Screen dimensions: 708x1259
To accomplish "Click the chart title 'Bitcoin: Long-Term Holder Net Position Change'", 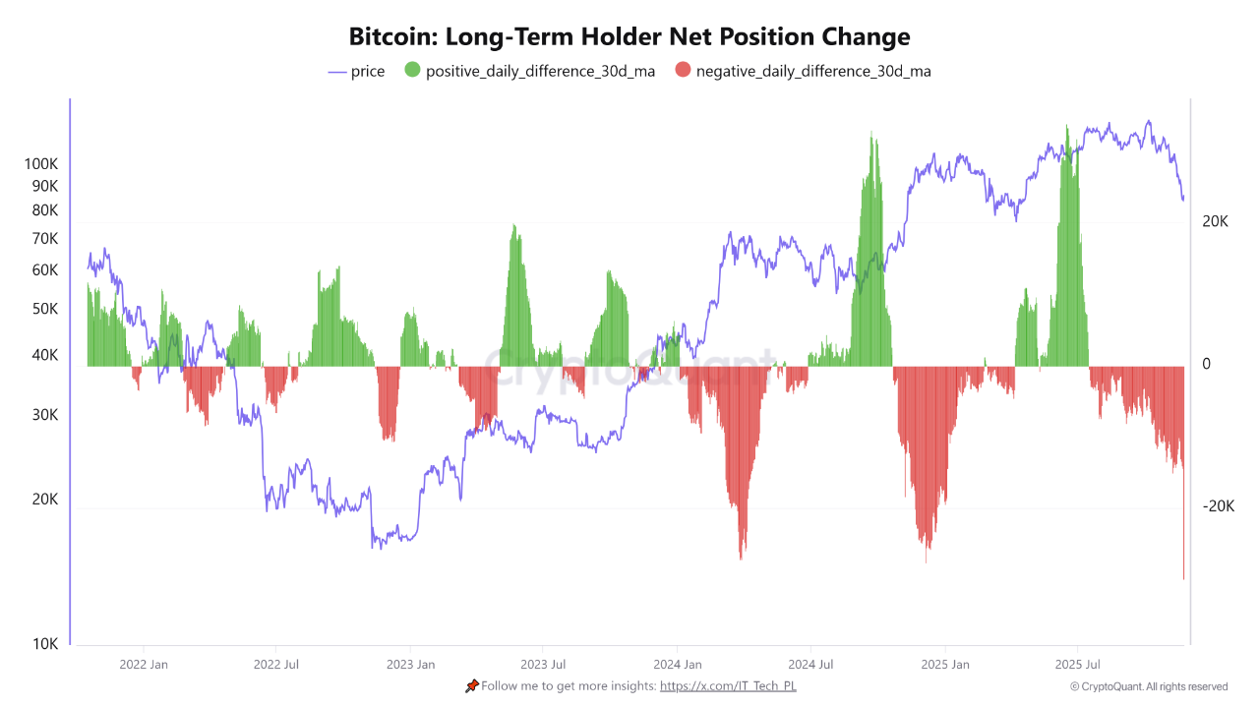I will pos(629,36).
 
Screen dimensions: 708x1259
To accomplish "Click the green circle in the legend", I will pos(412,71).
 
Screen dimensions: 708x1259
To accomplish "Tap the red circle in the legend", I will pos(683,71).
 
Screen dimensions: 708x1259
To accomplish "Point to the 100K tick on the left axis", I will pos(41,164).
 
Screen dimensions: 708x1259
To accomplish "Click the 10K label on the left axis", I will pos(45,644).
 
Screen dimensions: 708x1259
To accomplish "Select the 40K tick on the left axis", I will pos(44,356).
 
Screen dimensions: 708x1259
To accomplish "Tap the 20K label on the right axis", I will pos(1215,222).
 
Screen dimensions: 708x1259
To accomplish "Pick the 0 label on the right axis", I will pos(1206,364).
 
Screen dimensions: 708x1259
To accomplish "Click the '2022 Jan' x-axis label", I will pos(144,665).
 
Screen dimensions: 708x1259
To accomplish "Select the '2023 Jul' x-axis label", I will pos(543,665).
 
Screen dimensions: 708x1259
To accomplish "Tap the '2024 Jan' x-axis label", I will pos(678,665).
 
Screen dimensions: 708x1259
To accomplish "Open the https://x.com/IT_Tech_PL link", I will pos(728,685).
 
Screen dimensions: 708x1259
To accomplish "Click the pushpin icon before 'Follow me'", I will pos(472,685).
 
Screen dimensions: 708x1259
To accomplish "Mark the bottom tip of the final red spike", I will pos(1183,578).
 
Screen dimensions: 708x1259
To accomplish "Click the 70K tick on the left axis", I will pos(44,239).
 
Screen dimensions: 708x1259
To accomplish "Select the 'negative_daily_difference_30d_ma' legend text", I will pos(812,71).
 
